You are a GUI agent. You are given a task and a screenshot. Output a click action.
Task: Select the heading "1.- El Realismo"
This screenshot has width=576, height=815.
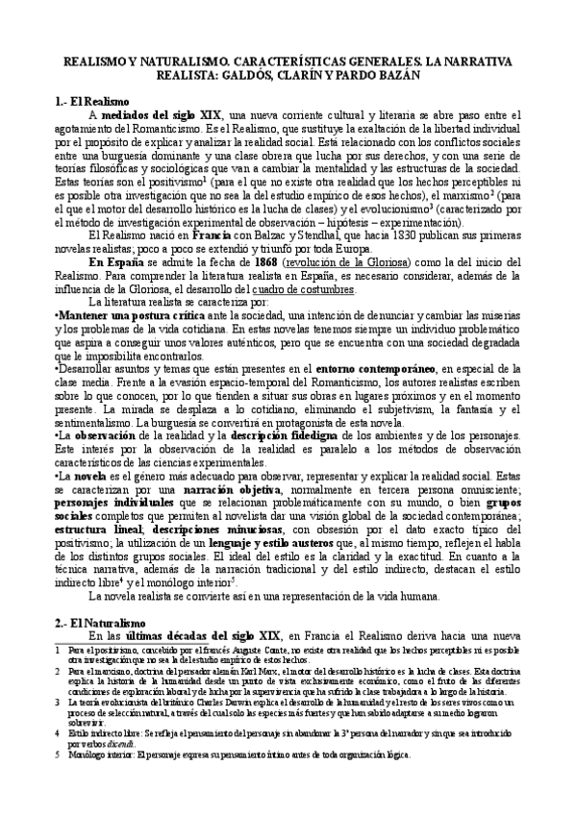coord(100,101)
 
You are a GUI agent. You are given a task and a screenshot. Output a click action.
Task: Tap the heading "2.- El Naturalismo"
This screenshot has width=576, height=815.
coord(108,621)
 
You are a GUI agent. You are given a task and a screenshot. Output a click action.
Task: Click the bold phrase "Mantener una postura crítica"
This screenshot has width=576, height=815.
coord(120,315)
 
